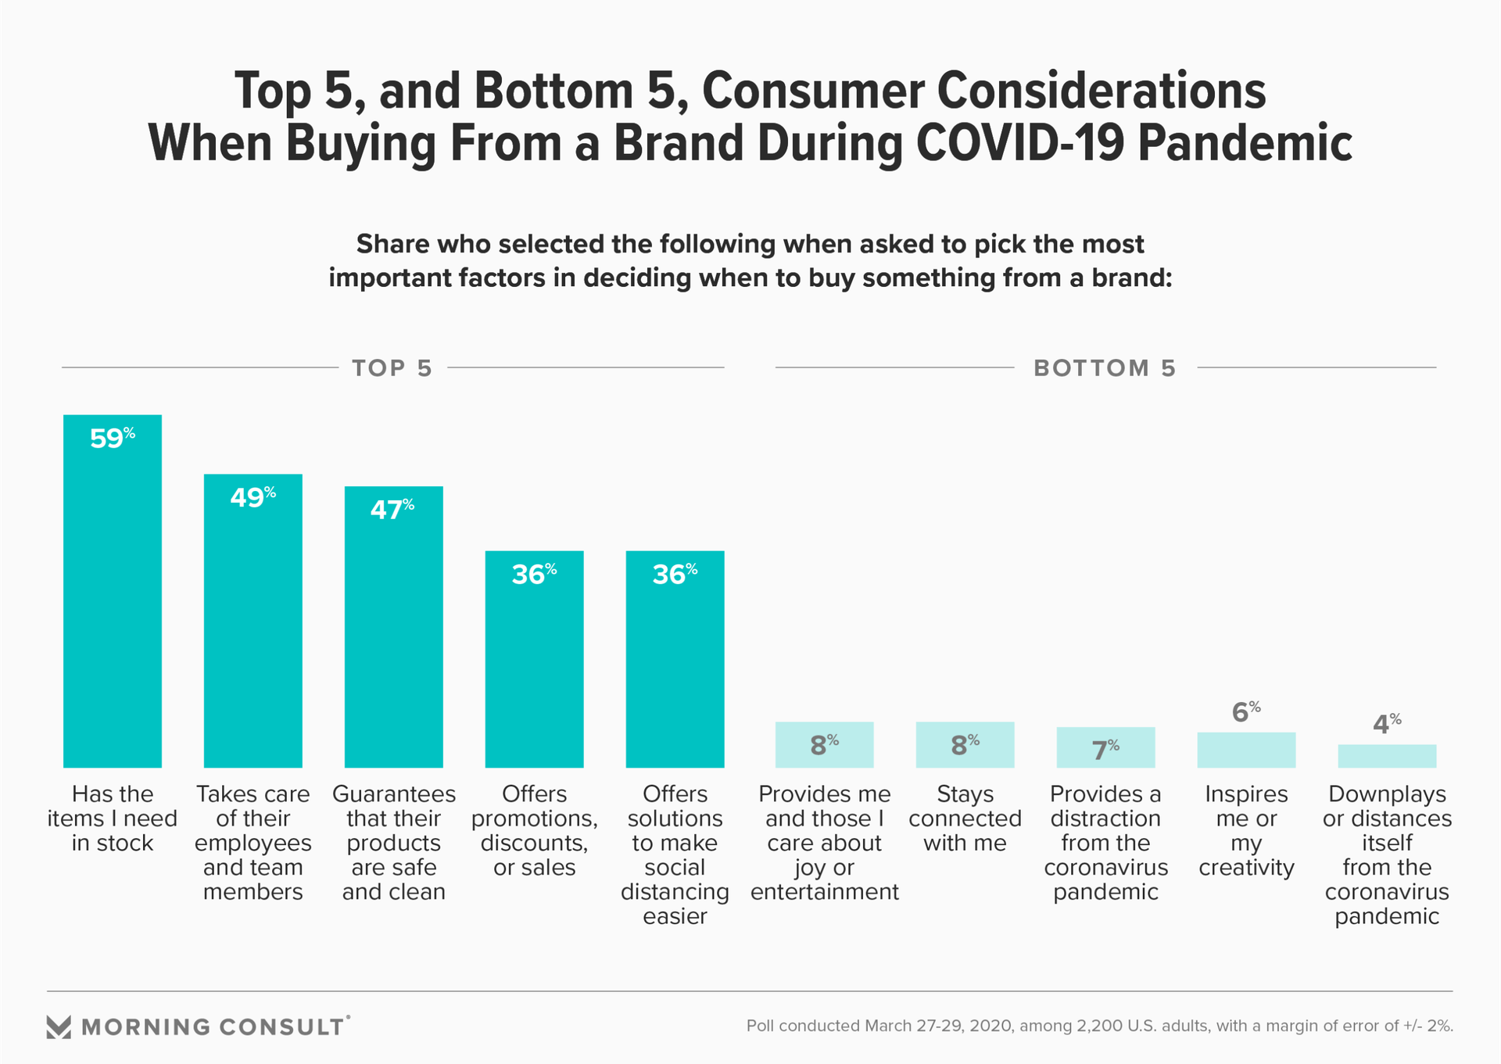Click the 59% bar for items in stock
(x=113, y=594)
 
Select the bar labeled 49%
(x=253, y=625)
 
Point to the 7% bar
(x=1105, y=748)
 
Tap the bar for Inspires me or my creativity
(x=1246, y=751)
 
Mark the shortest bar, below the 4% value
(x=1387, y=756)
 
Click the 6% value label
(x=1245, y=712)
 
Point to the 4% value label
(x=1386, y=724)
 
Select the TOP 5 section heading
(x=392, y=368)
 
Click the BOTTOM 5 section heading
(x=1105, y=368)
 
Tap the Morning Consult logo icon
(x=59, y=1026)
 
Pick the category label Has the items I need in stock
(x=113, y=819)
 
